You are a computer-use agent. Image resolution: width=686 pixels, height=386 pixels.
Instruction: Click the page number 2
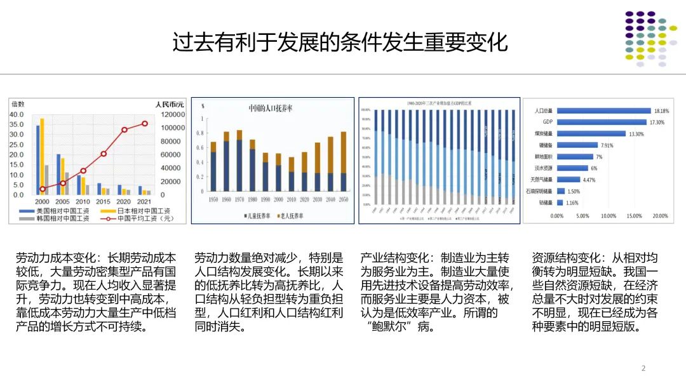(x=643, y=368)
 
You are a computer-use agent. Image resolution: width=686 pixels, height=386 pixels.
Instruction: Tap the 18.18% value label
(x=661, y=110)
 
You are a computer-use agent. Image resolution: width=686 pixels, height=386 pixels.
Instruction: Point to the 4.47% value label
(x=589, y=180)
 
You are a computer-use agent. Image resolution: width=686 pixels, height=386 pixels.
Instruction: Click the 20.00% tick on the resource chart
(x=659, y=216)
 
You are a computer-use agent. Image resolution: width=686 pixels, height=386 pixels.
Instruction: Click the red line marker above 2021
(x=145, y=124)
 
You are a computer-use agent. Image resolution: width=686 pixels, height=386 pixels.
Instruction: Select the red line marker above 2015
(x=104, y=154)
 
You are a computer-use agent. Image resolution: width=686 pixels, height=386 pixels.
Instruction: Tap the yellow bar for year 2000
(x=43, y=156)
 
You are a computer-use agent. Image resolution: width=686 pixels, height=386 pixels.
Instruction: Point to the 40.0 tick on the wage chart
(x=18, y=114)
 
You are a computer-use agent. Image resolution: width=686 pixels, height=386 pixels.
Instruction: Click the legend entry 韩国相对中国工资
(x=62, y=219)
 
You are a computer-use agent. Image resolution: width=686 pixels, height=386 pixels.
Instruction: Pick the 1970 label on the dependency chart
(x=239, y=199)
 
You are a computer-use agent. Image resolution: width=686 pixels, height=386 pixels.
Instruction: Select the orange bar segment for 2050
(x=344, y=152)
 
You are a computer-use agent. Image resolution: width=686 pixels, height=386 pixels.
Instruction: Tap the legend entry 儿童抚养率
(x=259, y=216)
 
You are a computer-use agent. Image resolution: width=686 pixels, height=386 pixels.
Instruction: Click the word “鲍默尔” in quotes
(x=394, y=328)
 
